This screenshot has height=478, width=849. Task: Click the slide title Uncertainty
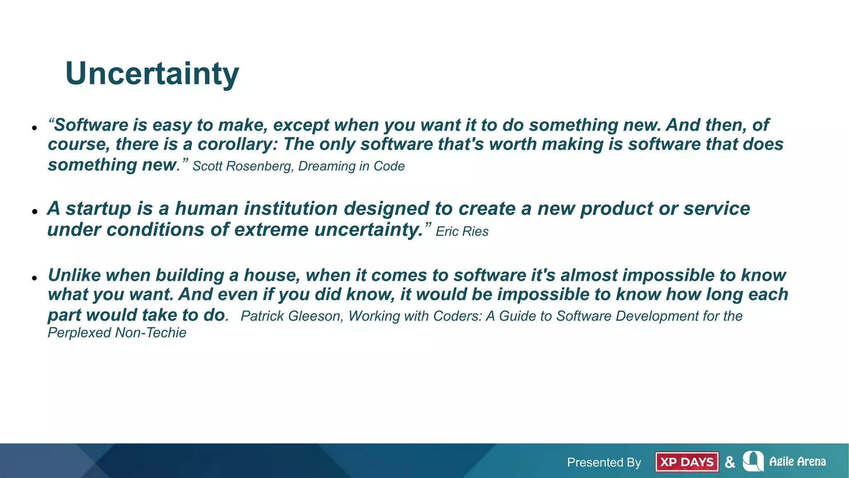pos(152,74)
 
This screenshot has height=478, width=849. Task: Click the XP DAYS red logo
pos(686,462)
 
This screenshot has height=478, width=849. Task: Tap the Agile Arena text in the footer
pos(797,461)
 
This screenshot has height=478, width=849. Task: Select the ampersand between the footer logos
pos(730,462)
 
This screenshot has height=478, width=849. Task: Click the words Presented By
pos(604,462)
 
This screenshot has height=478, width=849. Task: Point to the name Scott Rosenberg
pos(243,166)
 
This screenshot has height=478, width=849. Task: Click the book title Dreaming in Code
pos(351,166)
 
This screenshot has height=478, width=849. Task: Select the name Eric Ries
pos(462,232)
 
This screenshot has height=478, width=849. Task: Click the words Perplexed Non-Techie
pos(117,333)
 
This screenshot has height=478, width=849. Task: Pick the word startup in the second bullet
pos(98,209)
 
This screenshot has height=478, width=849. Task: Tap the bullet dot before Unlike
pos(35,278)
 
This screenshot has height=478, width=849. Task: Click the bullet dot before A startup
pos(35,212)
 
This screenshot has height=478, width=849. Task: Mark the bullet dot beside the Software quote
pos(35,128)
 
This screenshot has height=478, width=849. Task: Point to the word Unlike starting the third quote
pos(74,276)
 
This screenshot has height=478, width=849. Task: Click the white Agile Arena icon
pos(753,461)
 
